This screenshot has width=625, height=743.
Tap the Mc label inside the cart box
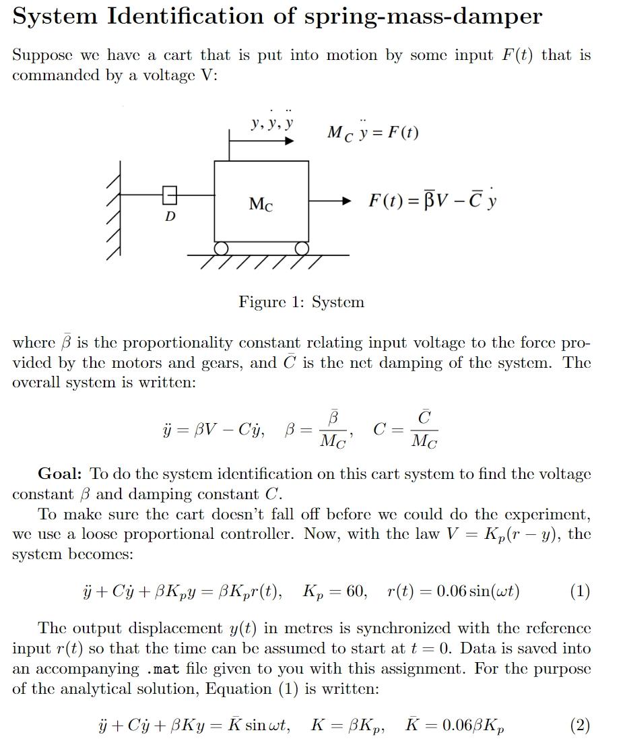pyautogui.click(x=261, y=204)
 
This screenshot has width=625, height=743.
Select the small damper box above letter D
pyautogui.click(x=170, y=195)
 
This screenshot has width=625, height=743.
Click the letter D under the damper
pyautogui.click(x=170, y=216)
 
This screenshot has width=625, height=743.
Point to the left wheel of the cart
pyautogui.click(x=221, y=249)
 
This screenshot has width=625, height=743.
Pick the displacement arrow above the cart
pyautogui.click(x=263, y=141)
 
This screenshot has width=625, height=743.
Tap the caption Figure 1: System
pyautogui.click(x=301, y=302)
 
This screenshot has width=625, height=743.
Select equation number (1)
pyautogui.click(x=579, y=591)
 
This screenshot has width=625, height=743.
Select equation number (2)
pyautogui.click(x=579, y=725)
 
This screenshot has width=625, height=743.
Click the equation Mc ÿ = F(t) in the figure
pyautogui.click(x=372, y=132)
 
